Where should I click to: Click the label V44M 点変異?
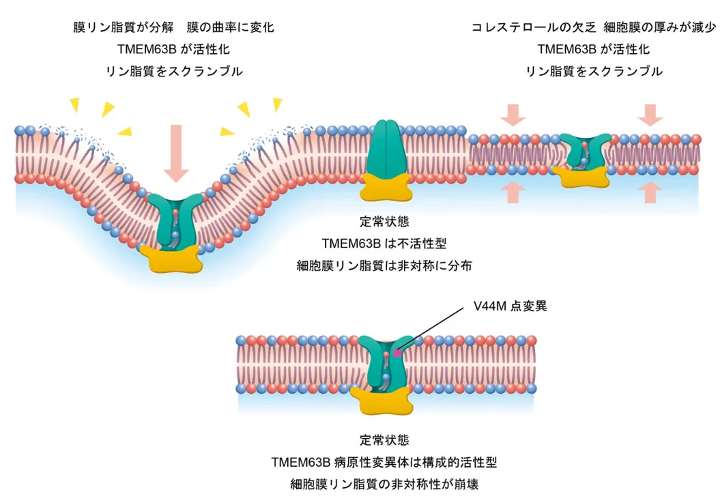[510, 306]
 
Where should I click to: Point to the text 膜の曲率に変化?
[230, 28]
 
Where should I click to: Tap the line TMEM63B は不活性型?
[386, 244]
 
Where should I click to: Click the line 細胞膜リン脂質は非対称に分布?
[386, 265]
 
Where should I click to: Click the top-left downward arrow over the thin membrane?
[513, 115]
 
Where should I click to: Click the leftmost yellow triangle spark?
[74, 103]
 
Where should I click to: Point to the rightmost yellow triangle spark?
[277, 104]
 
